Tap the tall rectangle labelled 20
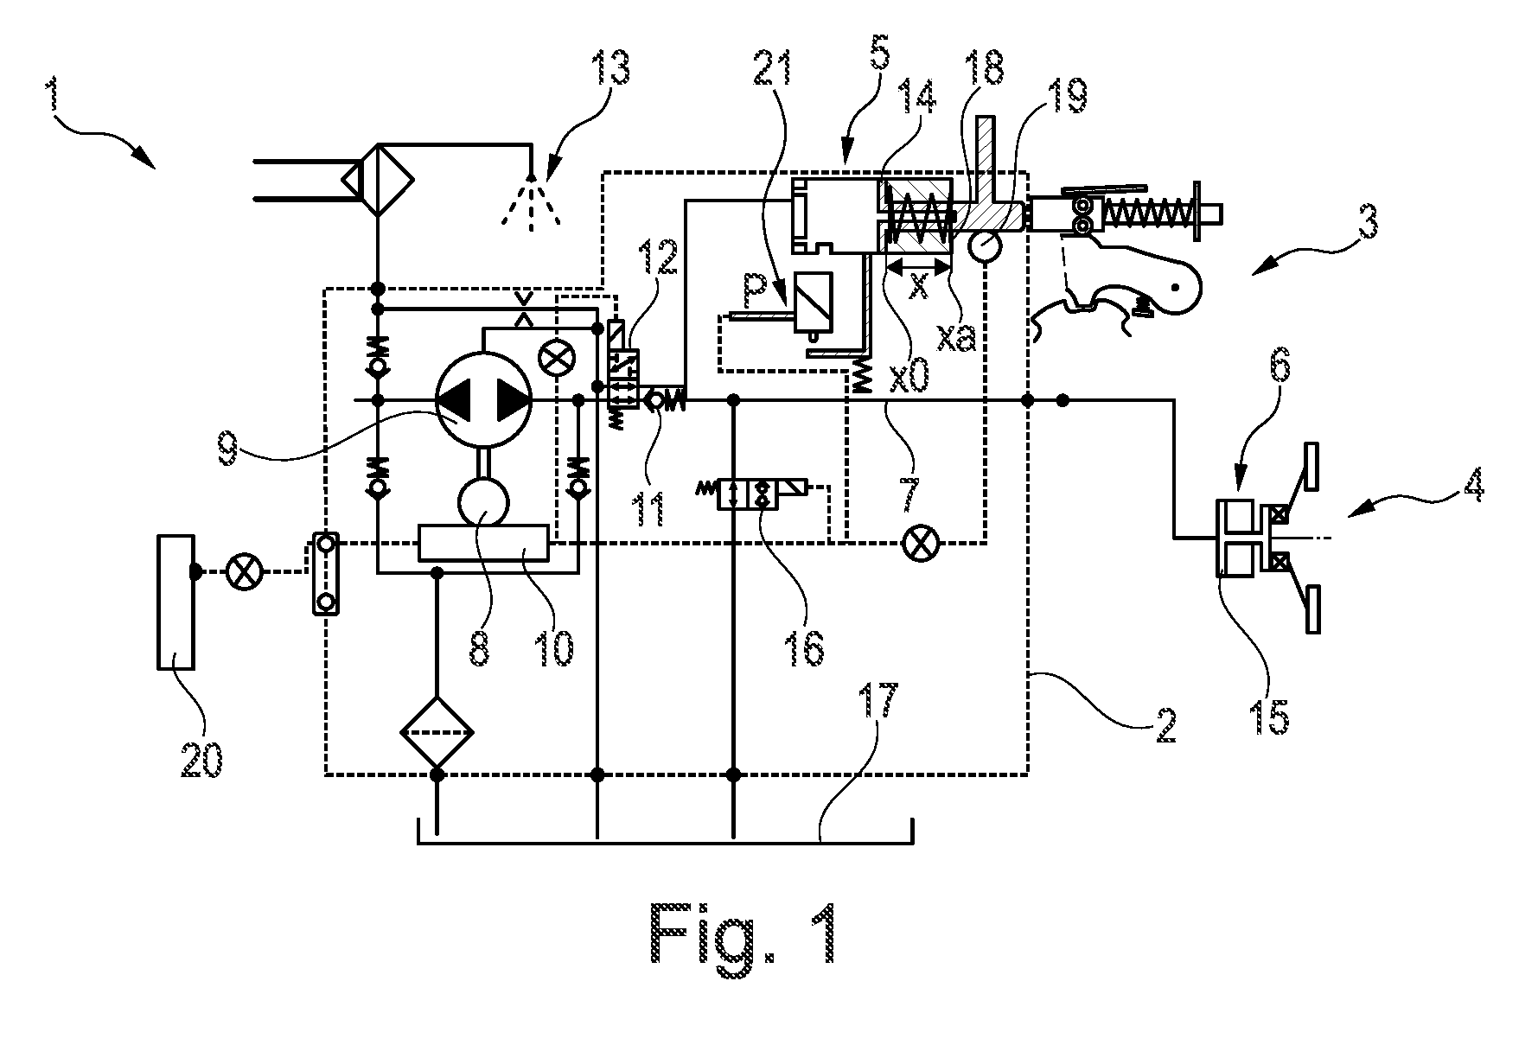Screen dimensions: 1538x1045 pyautogui.click(x=175, y=602)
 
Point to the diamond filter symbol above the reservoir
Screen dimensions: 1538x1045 pyautogui.click(x=437, y=733)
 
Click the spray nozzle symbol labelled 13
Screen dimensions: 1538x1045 pyautogui.click(x=533, y=202)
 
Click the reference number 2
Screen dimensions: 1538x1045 pyautogui.click(x=1164, y=725)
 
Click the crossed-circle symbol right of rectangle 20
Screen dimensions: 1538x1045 pyautogui.click(x=244, y=571)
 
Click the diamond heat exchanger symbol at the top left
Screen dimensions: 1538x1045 pyautogui.click(x=379, y=180)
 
